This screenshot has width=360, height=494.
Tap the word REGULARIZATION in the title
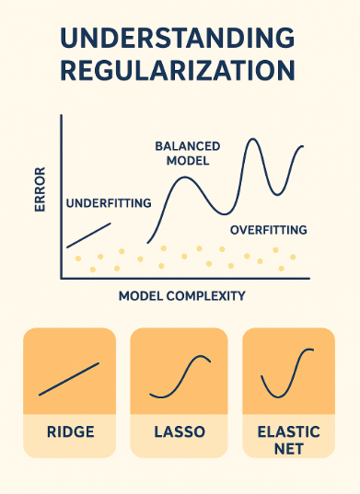pyautogui.click(x=180, y=71)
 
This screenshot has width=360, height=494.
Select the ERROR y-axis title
pyautogui.click(x=41, y=190)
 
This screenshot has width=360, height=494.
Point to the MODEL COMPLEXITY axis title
pyautogui.click(x=181, y=296)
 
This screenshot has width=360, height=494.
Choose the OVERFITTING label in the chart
pyautogui.click(x=268, y=228)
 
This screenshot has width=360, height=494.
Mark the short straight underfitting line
pyautogui.click(x=89, y=235)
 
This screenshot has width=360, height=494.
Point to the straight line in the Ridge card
pyautogui.click(x=69, y=379)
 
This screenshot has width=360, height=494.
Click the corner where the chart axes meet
pyautogui.click(x=62, y=279)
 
